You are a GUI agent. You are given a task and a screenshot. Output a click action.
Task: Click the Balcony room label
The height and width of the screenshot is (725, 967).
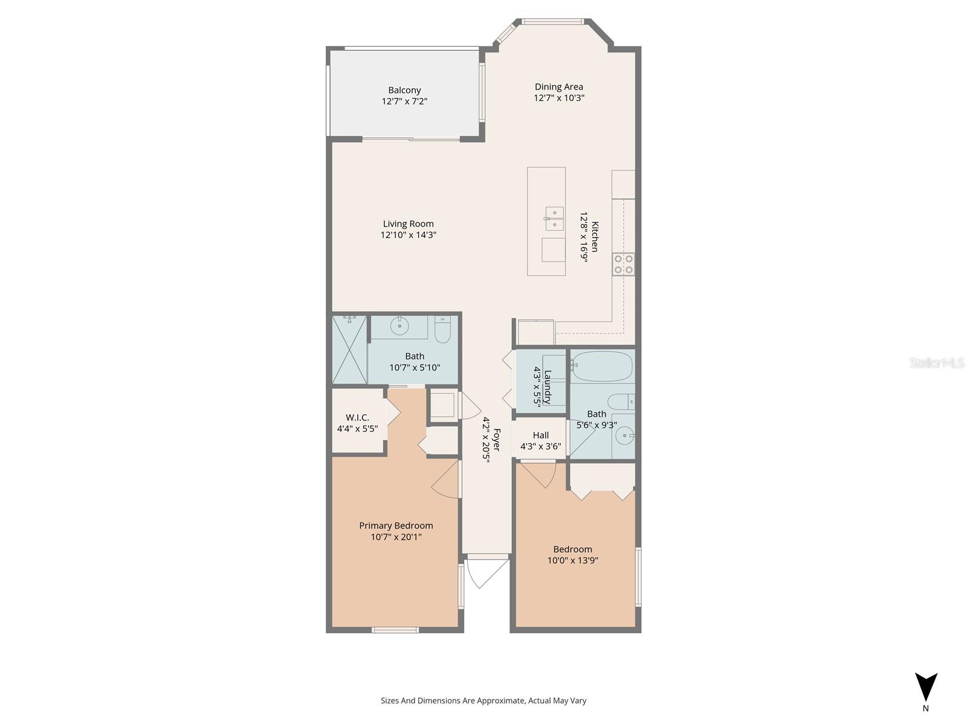pyautogui.click(x=404, y=90)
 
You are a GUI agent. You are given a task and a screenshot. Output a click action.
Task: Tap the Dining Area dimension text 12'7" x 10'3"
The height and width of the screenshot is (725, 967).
pyautogui.click(x=558, y=98)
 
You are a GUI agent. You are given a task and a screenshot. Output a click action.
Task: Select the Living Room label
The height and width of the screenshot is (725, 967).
pyautogui.click(x=408, y=224)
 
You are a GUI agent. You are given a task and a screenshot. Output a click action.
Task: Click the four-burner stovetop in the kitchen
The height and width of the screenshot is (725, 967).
pyautogui.click(x=624, y=264)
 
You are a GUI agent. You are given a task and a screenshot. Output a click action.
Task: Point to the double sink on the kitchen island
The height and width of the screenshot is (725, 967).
pyautogui.click(x=554, y=219)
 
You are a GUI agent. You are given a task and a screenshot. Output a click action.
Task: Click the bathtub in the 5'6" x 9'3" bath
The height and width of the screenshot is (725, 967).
pyautogui.click(x=602, y=366)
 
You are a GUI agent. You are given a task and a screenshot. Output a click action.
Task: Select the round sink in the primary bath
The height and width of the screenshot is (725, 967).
pyautogui.click(x=399, y=326)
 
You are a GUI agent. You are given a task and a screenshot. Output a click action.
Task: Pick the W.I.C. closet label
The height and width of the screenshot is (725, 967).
pyautogui.click(x=357, y=417)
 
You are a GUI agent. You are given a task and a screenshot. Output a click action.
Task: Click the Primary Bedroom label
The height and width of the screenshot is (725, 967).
pyautogui.click(x=396, y=526)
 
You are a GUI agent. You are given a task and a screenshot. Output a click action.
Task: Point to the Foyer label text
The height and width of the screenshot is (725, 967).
pyautogui.click(x=497, y=440)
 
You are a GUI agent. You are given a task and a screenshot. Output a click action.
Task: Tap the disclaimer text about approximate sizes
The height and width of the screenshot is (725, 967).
pyautogui.click(x=483, y=701)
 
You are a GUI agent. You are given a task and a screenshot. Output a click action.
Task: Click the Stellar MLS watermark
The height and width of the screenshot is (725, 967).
pyautogui.click(x=937, y=362)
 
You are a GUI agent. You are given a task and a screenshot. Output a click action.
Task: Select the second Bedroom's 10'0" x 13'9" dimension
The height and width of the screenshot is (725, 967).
pyautogui.click(x=572, y=560)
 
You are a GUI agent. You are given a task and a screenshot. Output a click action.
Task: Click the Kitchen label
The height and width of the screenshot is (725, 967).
pyautogui.click(x=595, y=237)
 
